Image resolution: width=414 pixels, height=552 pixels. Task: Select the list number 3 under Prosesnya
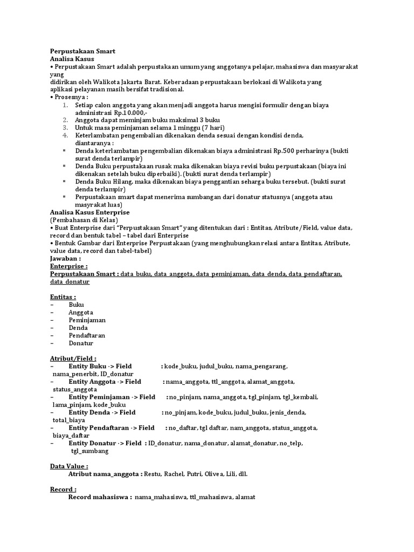[65, 127]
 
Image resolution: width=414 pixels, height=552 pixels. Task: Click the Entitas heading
[63, 296]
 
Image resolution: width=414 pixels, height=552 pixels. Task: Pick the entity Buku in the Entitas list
[76, 305]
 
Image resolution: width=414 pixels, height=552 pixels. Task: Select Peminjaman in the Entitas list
[87, 320]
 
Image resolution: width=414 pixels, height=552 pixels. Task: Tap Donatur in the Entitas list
[81, 343]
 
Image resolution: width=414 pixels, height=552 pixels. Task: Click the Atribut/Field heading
[73, 358]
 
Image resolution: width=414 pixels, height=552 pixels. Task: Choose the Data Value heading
[68, 466]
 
